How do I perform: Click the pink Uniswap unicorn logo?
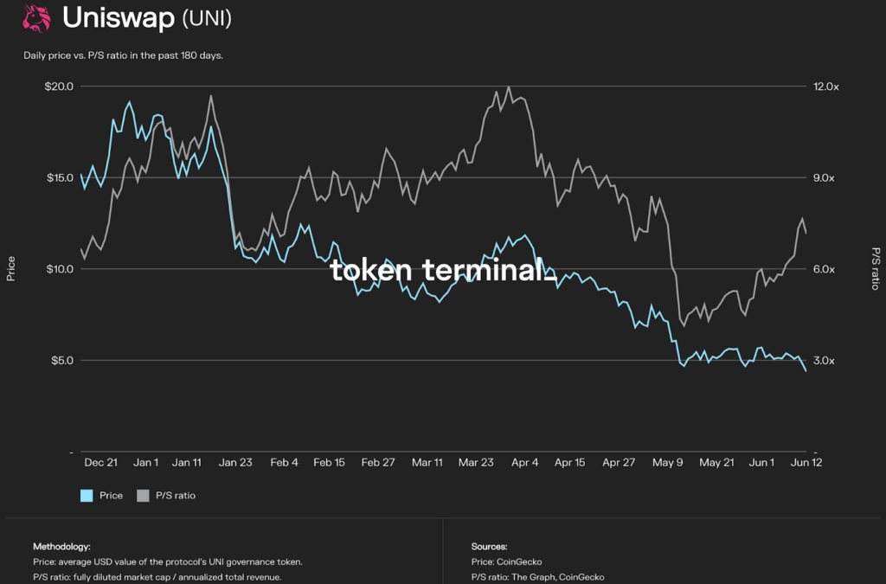(36, 18)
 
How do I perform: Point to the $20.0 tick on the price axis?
(59, 87)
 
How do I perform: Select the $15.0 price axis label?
(59, 177)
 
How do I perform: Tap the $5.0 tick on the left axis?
(61, 360)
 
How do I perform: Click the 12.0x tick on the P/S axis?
(825, 87)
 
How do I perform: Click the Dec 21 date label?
(101, 463)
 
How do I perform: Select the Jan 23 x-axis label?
(235, 463)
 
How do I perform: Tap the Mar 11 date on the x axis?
(427, 463)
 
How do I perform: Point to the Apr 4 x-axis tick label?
(524, 463)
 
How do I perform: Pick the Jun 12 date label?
(806, 463)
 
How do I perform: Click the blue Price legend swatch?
(87, 496)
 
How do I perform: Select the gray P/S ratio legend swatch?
(144, 496)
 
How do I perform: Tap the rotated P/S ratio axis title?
(875, 268)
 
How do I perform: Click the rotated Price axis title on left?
(11, 268)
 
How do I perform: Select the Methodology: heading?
(61, 547)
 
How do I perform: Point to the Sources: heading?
(490, 547)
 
